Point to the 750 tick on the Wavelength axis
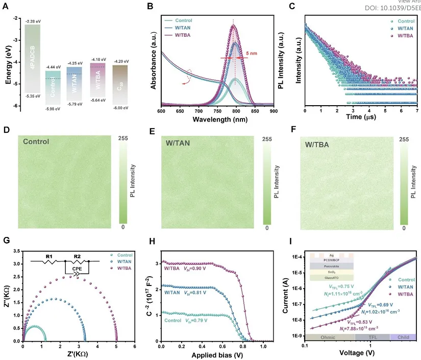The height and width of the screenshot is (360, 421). (x=218, y=111)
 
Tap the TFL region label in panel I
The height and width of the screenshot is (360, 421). (x=372, y=337)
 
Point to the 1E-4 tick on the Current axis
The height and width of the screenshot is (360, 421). (x=297, y=257)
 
